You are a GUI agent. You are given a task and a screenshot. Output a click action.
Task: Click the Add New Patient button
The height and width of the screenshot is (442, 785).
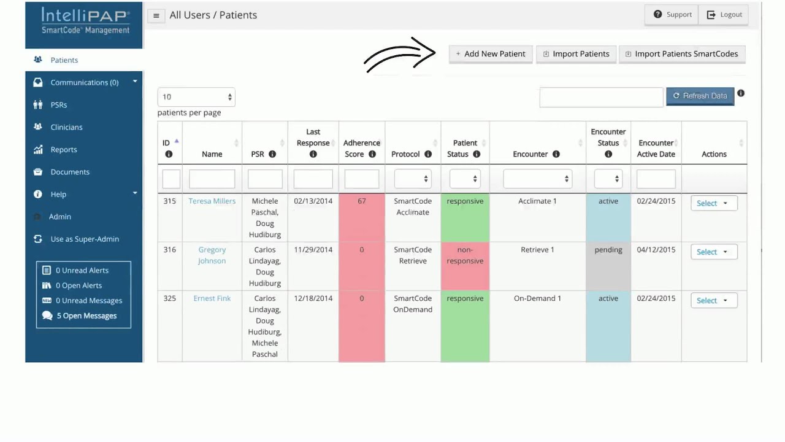[491, 54]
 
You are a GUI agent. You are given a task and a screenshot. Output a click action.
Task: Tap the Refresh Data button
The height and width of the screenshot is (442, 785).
[700, 96]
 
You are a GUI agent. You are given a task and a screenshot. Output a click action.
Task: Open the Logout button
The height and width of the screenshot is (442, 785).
[724, 15]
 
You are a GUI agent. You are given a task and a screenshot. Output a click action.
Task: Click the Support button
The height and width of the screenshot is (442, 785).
[672, 15]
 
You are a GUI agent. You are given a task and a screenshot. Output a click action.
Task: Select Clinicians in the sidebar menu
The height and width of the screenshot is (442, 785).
[67, 127]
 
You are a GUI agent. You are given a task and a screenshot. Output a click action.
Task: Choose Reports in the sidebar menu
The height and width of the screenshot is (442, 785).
[63, 149]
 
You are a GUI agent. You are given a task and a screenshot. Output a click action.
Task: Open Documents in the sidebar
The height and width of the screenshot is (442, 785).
[70, 172]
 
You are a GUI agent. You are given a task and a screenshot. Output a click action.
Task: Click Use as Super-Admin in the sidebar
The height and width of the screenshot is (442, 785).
[85, 239]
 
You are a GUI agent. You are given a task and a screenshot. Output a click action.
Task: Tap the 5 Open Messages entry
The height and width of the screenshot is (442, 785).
[86, 316]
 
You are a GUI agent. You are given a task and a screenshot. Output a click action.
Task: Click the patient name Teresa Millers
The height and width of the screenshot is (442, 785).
[212, 201]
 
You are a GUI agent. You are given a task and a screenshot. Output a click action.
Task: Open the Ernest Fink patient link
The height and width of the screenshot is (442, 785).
[212, 298]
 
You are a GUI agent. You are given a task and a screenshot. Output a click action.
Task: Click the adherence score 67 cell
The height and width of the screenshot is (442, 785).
[362, 217]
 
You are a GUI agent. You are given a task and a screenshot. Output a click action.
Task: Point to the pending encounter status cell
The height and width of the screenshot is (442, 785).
[608, 266]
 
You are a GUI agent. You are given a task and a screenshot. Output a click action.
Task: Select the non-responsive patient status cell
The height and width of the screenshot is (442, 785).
[465, 266]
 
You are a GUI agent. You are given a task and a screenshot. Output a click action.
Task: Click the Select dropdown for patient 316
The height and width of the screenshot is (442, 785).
[714, 252]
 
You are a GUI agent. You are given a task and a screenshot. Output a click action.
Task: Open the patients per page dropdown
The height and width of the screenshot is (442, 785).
[196, 97]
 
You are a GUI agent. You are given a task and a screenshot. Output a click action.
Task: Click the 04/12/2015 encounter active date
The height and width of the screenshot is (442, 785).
[656, 250]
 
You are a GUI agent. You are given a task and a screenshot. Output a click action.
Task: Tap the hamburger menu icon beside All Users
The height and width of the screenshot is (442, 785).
[156, 16]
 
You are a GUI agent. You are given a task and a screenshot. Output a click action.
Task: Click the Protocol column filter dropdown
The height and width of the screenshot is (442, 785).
[413, 179]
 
